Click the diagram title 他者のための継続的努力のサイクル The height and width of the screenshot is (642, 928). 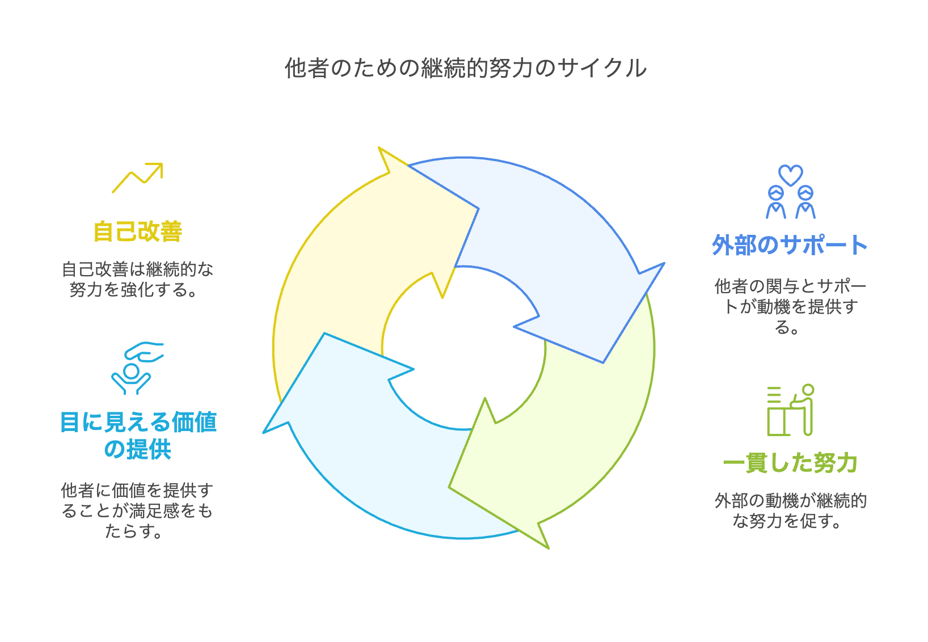[x=466, y=69]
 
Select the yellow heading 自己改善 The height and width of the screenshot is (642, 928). [x=138, y=231]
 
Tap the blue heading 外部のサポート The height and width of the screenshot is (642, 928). [x=790, y=245]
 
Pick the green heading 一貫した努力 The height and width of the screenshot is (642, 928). [x=790, y=463]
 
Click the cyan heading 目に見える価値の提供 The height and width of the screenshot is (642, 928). [x=138, y=436]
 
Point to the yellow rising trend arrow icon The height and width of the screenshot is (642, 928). [x=137, y=178]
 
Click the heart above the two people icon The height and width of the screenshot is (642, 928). [x=791, y=175]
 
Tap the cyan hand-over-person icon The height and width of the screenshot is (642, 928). [x=137, y=368]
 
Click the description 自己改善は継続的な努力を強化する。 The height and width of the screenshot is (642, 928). [x=137, y=280]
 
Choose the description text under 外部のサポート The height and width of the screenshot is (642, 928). [x=790, y=306]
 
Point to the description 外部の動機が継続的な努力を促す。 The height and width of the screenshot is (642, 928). [x=790, y=510]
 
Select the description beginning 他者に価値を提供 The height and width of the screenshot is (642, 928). [x=137, y=510]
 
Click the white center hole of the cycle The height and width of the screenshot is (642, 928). [x=463, y=348]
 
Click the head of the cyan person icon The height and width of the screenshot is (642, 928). [x=132, y=371]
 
